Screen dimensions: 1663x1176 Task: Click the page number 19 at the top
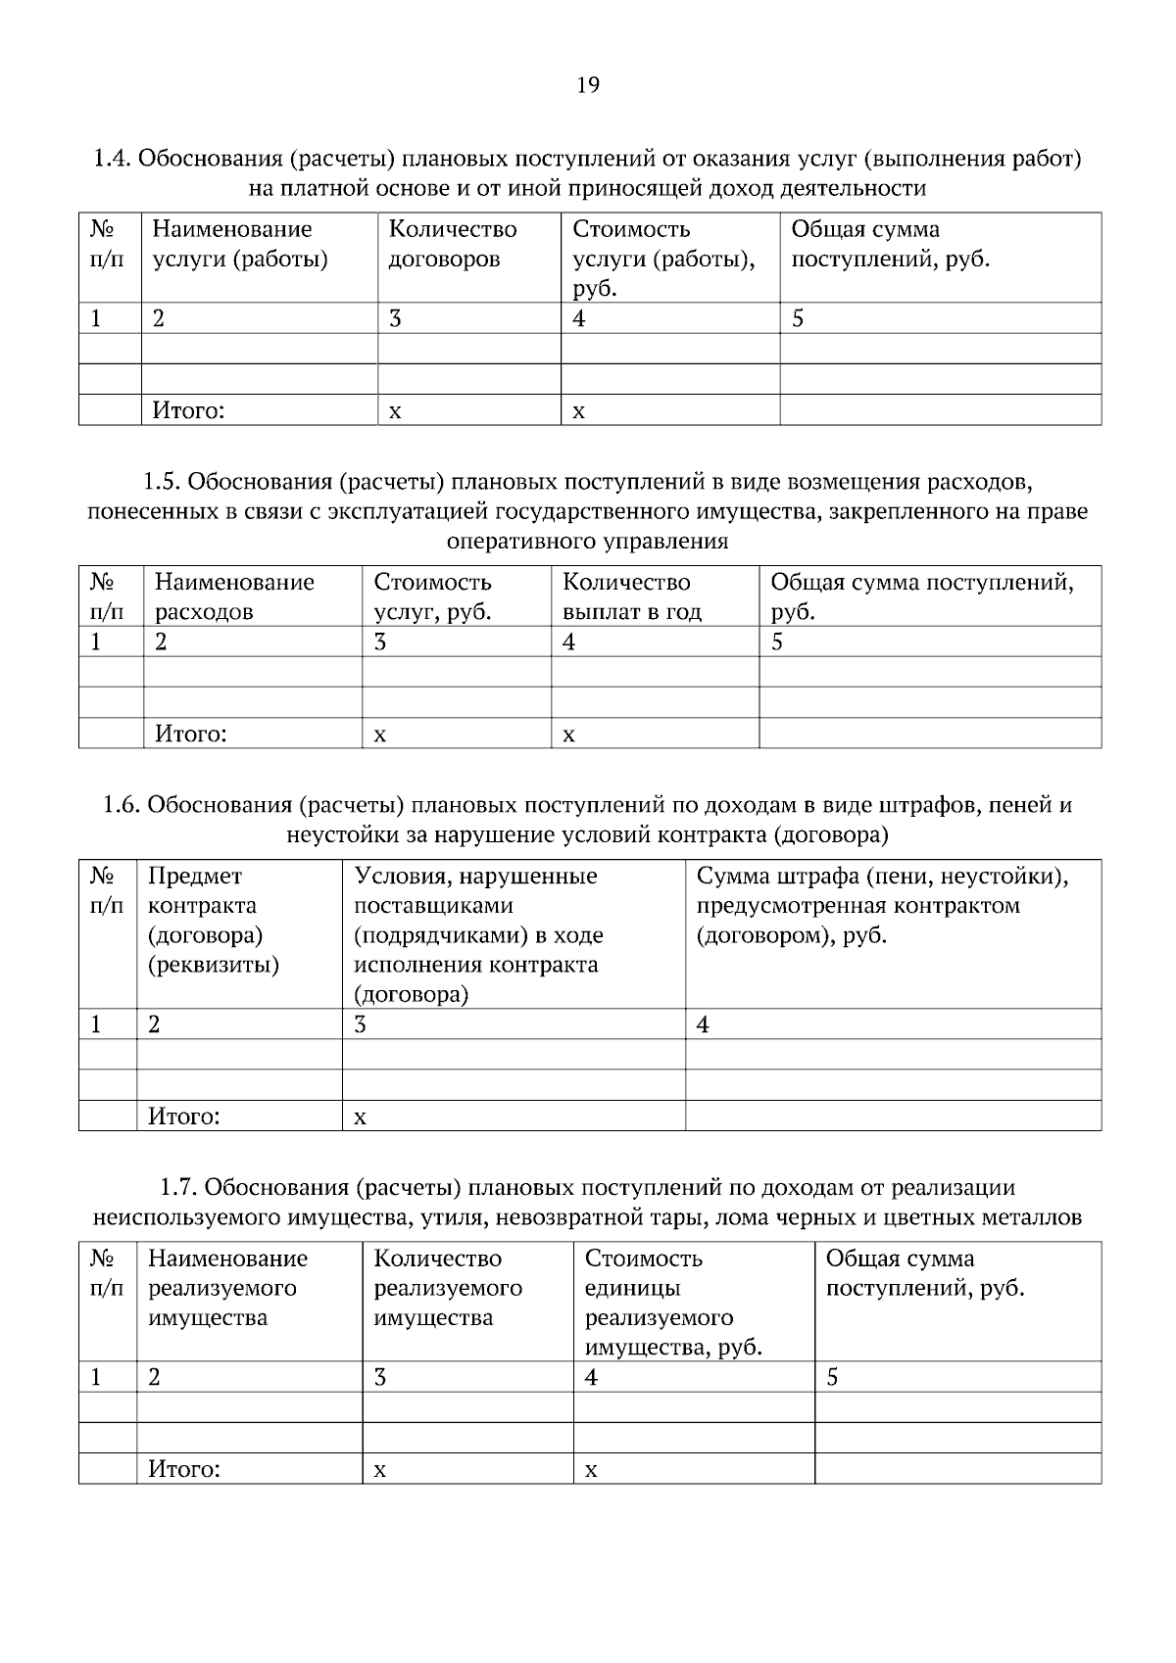tap(587, 85)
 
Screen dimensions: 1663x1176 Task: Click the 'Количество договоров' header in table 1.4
tap(453, 244)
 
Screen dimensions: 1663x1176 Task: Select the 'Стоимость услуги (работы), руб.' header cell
tap(663, 258)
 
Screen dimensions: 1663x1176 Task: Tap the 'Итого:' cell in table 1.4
tap(188, 410)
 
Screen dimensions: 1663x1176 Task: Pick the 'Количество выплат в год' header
tap(631, 596)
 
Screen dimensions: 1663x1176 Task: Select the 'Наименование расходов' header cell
tap(234, 596)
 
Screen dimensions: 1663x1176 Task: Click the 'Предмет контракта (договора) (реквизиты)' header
tap(213, 920)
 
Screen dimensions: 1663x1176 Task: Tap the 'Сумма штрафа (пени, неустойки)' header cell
tap(882, 905)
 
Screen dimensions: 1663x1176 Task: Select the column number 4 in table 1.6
tap(703, 1024)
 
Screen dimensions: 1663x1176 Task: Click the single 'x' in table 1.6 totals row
tap(360, 1117)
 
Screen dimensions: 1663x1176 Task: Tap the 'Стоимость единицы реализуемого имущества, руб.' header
tap(673, 1303)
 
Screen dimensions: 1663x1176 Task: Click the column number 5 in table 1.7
tap(832, 1377)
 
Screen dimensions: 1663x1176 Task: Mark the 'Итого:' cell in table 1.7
tap(183, 1469)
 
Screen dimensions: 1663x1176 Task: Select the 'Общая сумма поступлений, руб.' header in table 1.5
tap(921, 596)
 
